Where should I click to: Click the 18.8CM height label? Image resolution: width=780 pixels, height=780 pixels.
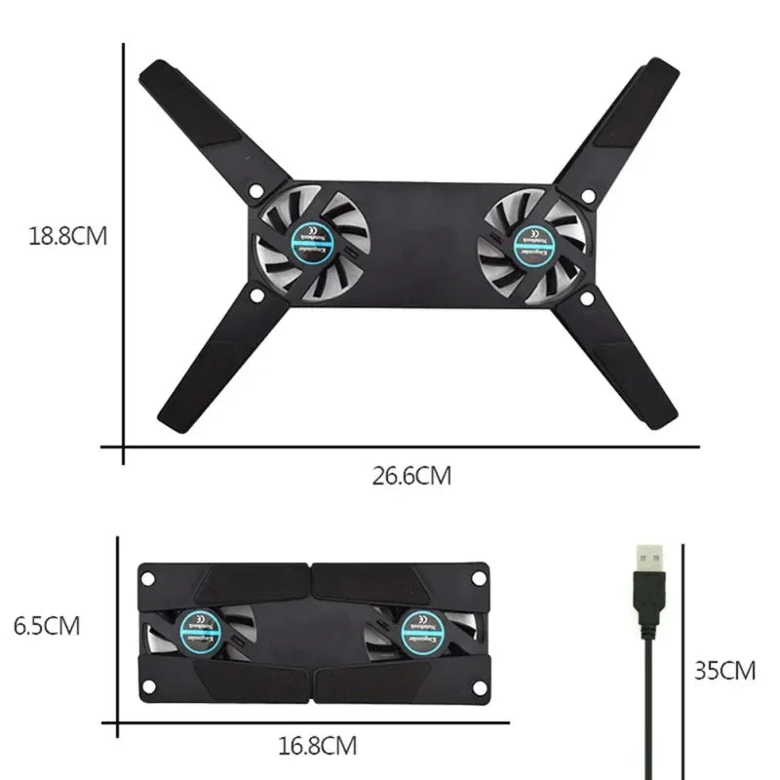66,236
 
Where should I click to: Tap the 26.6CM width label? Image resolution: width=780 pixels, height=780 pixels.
411,476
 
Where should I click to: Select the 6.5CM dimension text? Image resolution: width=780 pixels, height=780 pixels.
47,625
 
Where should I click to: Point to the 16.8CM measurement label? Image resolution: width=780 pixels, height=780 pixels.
317,747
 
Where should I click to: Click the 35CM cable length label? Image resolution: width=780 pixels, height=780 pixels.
724,670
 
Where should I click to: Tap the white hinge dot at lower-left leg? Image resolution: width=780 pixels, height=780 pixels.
255,292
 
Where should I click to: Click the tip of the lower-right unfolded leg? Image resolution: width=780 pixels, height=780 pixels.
662,414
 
